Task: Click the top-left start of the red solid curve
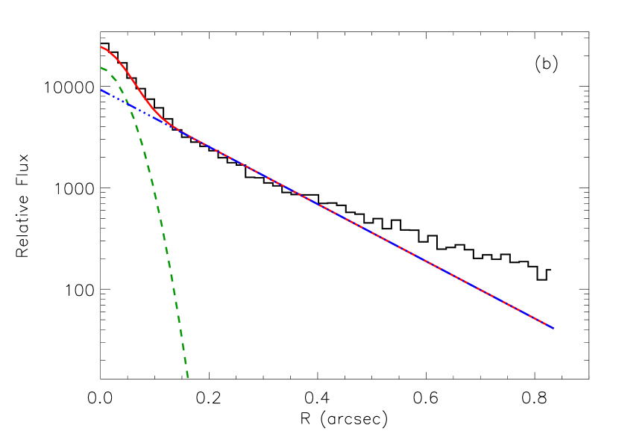tap(101, 47)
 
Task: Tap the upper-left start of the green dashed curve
tap(101, 68)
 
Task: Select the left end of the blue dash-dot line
tap(101, 90)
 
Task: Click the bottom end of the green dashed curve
tap(188, 377)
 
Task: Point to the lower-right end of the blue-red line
tap(553, 328)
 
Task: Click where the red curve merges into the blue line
tap(177, 128)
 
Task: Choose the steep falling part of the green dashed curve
tap(160, 224)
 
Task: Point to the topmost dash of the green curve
tap(104, 69)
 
